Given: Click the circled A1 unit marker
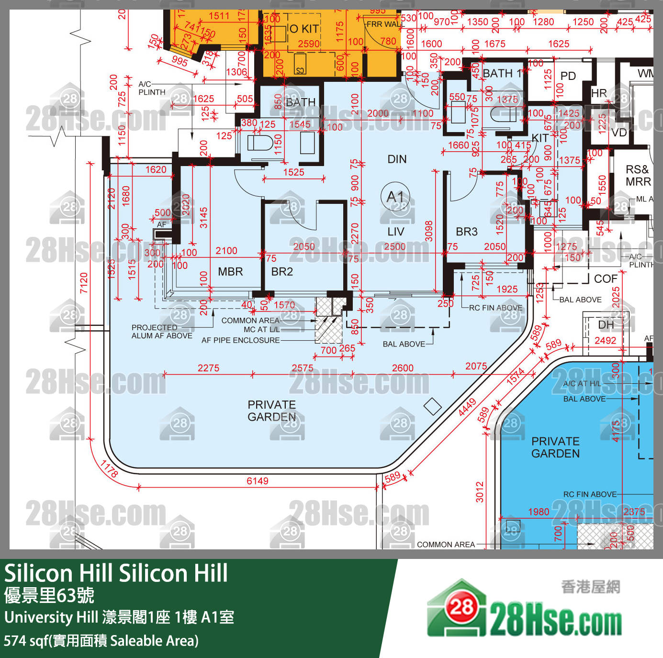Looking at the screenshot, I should coord(395,197).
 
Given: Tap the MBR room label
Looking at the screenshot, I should coord(230,272).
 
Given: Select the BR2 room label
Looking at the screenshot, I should coord(282,272).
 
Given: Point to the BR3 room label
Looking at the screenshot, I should coord(467,232).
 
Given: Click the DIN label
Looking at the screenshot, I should coord(397,159).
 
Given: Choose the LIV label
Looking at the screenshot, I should coord(396,232).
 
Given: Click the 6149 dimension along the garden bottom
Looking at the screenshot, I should coord(258,481).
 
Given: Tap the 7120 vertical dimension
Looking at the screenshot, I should coord(84,282).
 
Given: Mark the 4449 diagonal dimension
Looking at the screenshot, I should coord(467,407).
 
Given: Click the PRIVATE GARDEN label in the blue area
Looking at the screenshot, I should coord(555,447).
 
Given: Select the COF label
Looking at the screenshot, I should coord(606,279).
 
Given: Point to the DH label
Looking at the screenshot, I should coord(606,325).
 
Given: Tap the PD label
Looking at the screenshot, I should coord(568,76).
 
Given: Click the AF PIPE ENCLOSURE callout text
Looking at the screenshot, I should coord(240,340).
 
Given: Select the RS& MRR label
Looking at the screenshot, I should coord(638,176).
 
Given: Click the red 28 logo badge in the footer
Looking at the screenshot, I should coord(461,607).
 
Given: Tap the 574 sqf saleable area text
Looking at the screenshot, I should coord(101,640).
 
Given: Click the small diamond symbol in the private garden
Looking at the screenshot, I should coord(433,406).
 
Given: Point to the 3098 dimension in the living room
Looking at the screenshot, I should coord(429,231).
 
